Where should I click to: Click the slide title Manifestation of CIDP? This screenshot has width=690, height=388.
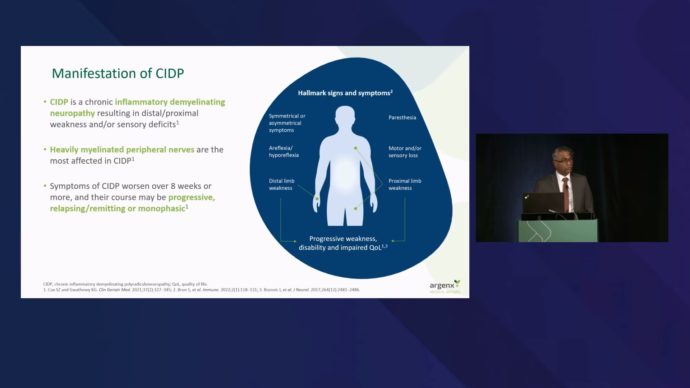click(118, 73)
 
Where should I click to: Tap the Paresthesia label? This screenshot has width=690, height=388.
click(402, 117)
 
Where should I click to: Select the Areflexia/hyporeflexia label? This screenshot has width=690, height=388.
click(284, 152)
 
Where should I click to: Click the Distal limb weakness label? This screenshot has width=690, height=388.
click(282, 184)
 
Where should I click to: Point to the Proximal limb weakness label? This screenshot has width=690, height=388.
click(405, 184)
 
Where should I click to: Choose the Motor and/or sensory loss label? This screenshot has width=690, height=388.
click(405, 152)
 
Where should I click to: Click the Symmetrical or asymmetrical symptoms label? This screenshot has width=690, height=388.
click(287, 123)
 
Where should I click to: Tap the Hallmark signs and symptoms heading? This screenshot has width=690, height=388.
click(345, 93)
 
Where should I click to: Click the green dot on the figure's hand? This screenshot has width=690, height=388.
click(317, 199)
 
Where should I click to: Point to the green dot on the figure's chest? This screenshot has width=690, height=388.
click(355, 148)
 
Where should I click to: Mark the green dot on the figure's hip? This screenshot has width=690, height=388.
click(355, 208)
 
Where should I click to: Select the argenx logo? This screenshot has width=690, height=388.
click(445, 286)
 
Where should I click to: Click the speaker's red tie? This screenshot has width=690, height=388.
click(566, 194)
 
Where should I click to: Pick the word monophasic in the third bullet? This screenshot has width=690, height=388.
click(161, 208)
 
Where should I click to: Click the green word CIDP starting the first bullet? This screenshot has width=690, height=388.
click(59, 102)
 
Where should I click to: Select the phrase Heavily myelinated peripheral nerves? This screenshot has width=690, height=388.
click(122, 150)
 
